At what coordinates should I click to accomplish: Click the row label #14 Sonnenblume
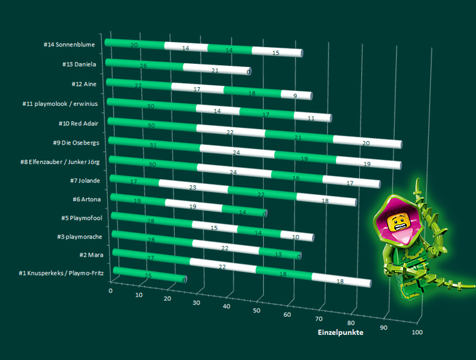pyautogui.click(x=70, y=45)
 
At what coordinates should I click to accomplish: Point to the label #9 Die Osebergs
pyautogui.click(x=75, y=142)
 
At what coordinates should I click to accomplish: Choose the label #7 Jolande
pyautogui.click(x=84, y=180)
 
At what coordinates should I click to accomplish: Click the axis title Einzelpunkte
pyautogui.click(x=340, y=333)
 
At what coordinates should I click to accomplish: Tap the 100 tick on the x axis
pyautogui.click(x=417, y=332)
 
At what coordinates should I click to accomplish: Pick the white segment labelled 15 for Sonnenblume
pyautogui.click(x=277, y=52)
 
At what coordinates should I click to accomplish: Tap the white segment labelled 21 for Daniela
pyautogui.click(x=216, y=69)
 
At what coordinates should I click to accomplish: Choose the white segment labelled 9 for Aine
pyautogui.click(x=296, y=95)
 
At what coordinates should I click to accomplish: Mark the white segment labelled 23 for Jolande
pyautogui.click(x=193, y=186)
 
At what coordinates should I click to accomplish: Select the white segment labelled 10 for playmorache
pyautogui.click(x=296, y=236)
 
